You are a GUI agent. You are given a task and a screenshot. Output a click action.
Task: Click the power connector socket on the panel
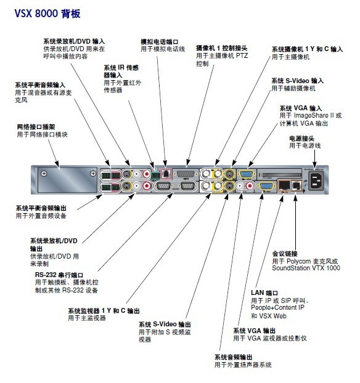tap(316, 181)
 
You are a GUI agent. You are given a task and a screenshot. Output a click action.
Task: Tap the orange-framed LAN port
tap(284, 185)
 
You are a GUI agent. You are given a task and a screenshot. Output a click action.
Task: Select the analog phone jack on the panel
tap(166, 174)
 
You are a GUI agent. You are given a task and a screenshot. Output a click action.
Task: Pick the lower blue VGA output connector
tap(265, 187)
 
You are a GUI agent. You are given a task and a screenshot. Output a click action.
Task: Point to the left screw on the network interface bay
tap(44, 174)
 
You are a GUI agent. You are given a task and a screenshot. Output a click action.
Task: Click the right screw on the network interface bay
tap(93, 174)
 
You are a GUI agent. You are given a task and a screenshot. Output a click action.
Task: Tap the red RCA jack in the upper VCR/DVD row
tap(147, 174)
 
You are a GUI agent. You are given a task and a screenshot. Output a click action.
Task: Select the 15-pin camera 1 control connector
tap(185, 174)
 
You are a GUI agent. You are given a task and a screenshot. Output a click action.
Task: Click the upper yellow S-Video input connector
tap(229, 174)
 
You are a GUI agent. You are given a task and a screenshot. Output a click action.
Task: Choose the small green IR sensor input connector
tap(155, 175)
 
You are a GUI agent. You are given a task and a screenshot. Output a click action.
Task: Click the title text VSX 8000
tap(36, 14)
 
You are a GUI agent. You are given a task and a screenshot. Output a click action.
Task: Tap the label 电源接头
tap(301, 139)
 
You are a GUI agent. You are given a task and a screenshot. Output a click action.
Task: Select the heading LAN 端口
tap(264, 292)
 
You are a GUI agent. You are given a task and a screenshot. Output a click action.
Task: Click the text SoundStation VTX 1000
tap(306, 268)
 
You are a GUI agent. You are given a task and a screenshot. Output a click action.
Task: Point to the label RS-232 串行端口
tap(59, 275)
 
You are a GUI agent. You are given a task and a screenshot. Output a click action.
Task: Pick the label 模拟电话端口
tap(160, 42)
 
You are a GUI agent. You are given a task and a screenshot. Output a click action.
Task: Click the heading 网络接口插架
tap(36, 127)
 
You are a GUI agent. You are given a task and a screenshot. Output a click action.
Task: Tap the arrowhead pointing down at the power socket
tap(314, 166)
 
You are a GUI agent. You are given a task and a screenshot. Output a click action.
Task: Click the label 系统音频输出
tap(233, 357)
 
